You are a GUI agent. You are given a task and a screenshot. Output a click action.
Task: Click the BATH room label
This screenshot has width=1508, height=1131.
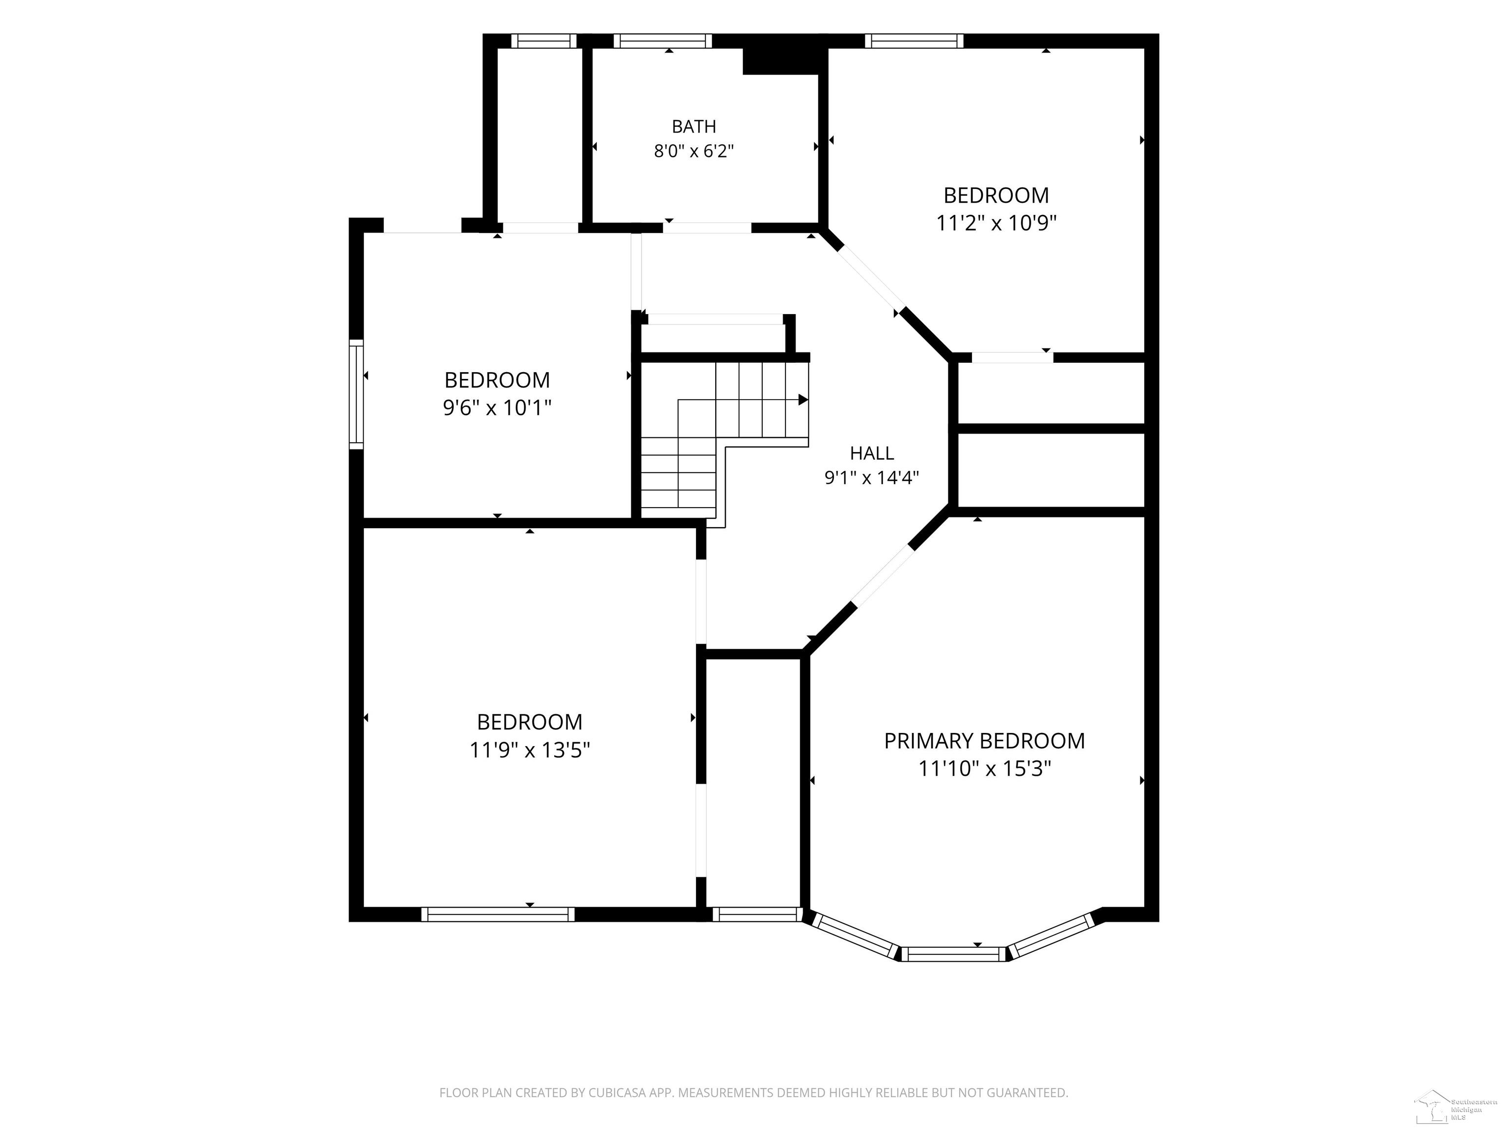pos(694,126)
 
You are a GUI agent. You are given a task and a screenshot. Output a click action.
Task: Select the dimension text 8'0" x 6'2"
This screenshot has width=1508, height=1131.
pos(694,151)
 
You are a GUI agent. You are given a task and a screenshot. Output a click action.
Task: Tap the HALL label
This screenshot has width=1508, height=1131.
pos(872,453)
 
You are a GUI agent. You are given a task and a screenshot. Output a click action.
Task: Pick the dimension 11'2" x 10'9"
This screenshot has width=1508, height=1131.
pos(996,223)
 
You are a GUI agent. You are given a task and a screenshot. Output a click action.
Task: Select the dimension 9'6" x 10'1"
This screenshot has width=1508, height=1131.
pos(497,407)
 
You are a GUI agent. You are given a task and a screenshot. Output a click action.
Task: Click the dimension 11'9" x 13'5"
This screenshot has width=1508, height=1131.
pos(530,750)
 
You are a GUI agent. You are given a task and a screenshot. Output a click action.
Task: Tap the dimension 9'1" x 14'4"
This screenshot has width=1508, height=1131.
pos(872,477)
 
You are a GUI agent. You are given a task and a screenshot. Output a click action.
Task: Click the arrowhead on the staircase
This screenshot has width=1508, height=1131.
pos(803,400)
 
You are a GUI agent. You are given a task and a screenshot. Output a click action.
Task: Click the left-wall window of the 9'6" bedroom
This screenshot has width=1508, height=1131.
pos(356,394)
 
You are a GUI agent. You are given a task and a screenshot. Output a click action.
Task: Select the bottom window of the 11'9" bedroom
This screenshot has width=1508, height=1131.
pos(498,914)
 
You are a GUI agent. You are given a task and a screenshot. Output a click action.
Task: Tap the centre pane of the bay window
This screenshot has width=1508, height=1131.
pos(954,954)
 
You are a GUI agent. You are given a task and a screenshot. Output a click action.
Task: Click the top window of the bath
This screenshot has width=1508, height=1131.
pos(663,41)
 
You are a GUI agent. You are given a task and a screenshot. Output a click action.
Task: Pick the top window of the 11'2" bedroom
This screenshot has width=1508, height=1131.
pos(914,41)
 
